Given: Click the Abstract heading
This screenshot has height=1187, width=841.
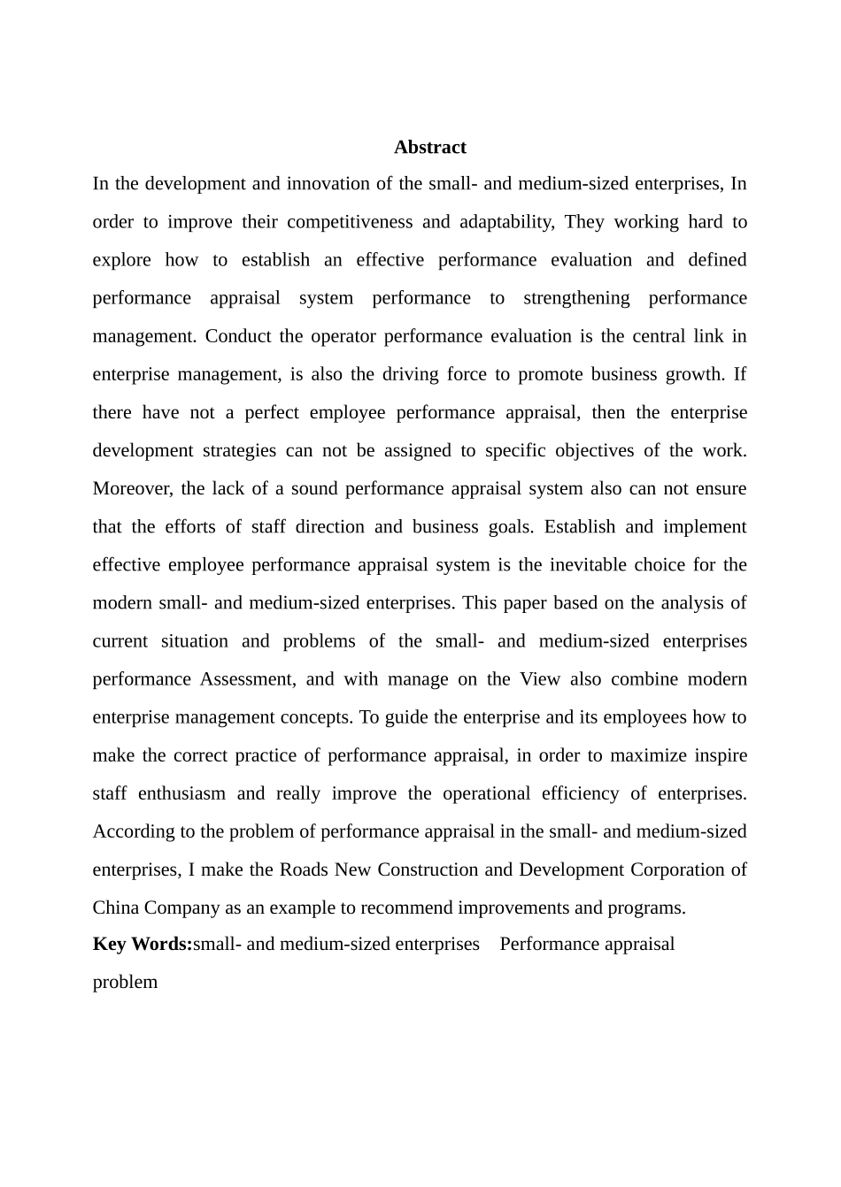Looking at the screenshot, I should (429, 148).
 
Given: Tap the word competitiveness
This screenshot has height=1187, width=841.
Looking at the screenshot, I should (350, 222).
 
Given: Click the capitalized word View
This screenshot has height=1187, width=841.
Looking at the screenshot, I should (540, 678).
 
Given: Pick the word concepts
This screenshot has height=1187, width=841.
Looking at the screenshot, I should (309, 716).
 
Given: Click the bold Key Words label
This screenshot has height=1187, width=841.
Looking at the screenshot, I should (143, 944).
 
